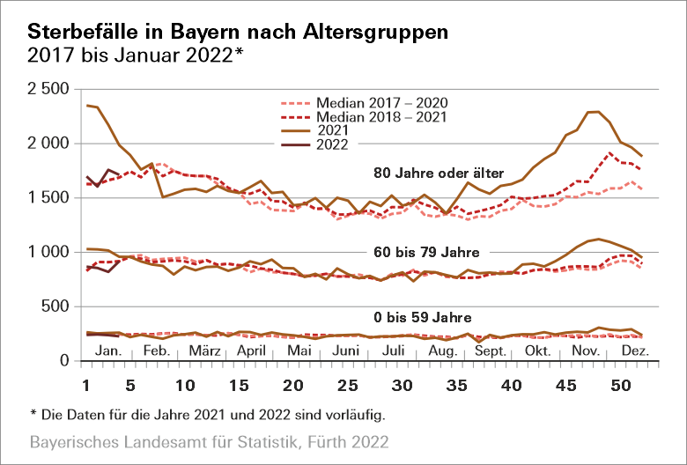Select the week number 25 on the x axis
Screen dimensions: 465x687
pyautogui.click(x=349, y=386)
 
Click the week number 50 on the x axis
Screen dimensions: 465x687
pyautogui.click(x=620, y=386)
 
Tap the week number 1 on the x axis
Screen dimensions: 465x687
pyautogui.click(x=85, y=386)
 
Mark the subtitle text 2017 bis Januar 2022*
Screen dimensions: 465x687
pyautogui.click(x=136, y=55)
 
